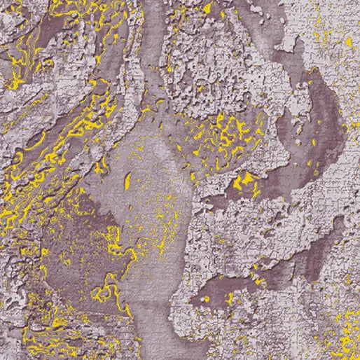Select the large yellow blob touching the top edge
point(207,8)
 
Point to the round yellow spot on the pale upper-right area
point(348,42)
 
